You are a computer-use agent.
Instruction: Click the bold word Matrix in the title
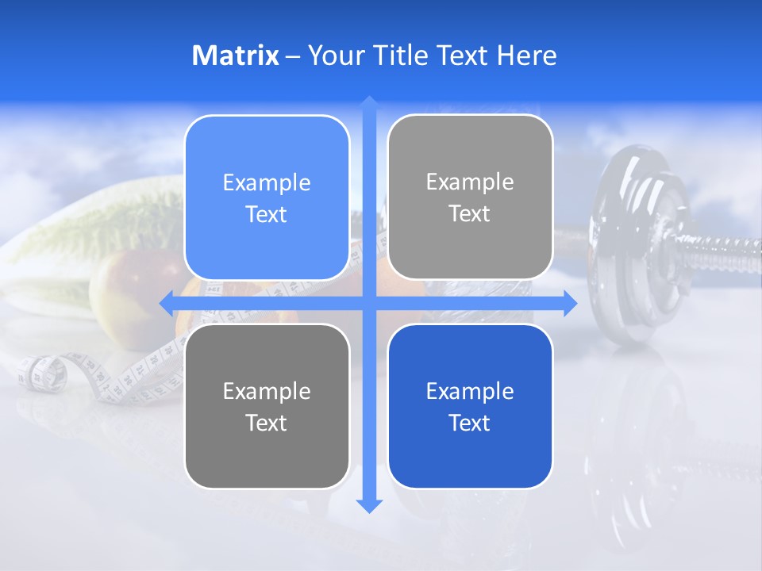coord(235,56)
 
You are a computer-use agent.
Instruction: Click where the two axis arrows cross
coord(369,303)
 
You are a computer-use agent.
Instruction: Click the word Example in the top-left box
coord(267,183)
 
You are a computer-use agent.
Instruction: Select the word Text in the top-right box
coord(470,214)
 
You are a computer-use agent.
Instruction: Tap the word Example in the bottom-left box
coord(267,392)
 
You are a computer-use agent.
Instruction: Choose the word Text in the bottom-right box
coord(470,423)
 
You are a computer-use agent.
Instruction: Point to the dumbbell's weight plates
coord(635,246)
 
